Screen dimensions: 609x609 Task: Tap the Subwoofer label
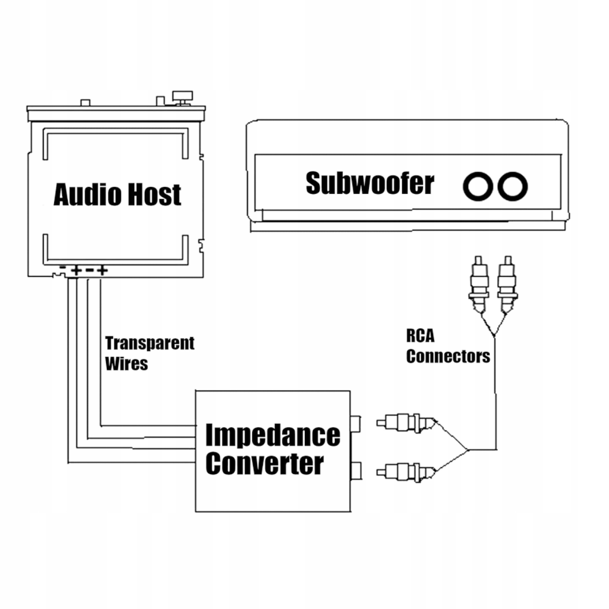click(370, 183)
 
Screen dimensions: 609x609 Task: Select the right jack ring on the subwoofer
click(512, 186)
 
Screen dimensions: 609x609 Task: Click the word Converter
click(264, 464)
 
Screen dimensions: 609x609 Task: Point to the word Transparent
click(149, 343)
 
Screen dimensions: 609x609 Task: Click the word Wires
click(126, 364)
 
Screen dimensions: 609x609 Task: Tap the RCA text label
click(420, 336)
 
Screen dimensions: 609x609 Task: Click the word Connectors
click(448, 356)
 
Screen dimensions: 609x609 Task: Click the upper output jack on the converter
click(355, 423)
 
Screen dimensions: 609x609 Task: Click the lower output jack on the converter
click(355, 471)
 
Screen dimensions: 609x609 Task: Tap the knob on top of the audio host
click(183, 96)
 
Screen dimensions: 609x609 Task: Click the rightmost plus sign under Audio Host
click(102, 270)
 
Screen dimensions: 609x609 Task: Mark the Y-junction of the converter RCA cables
click(468, 450)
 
